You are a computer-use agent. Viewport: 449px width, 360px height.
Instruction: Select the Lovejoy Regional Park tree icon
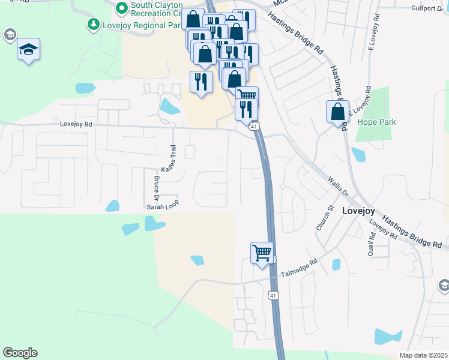tap(93, 25)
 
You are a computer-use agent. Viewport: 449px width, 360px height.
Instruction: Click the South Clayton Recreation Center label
tap(157, 8)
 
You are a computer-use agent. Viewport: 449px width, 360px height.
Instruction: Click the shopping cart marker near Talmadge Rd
tap(262, 253)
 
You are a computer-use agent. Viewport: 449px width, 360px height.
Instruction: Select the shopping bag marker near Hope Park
tap(337, 111)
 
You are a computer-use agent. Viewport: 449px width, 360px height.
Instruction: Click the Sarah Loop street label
tap(163, 205)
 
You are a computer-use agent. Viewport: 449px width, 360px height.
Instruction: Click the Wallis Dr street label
tap(337, 186)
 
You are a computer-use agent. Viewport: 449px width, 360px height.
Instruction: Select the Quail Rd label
tap(372, 244)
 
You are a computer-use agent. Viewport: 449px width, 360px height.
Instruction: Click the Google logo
tap(20, 353)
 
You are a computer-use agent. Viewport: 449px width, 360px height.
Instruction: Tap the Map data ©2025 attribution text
tap(423, 355)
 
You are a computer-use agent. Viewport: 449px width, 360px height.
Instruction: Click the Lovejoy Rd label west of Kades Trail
tap(76, 124)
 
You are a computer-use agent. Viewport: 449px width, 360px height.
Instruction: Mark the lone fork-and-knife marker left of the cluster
tap(201, 82)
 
